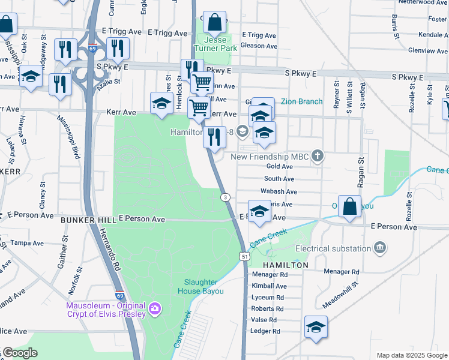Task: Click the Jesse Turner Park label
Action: click(211, 44)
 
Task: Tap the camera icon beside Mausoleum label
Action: click(155, 308)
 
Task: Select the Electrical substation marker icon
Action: click(379, 247)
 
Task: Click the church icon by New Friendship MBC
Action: click(318, 157)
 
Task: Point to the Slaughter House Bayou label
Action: click(200, 287)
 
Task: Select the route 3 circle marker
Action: click(225, 197)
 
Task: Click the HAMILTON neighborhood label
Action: click(285, 265)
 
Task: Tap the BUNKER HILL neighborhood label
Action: click(86, 220)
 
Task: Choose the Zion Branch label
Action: click(301, 102)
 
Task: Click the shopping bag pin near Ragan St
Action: click(349, 208)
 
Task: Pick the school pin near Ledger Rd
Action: click(316, 328)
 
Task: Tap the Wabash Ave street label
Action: click(279, 192)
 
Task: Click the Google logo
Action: click(20, 353)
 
